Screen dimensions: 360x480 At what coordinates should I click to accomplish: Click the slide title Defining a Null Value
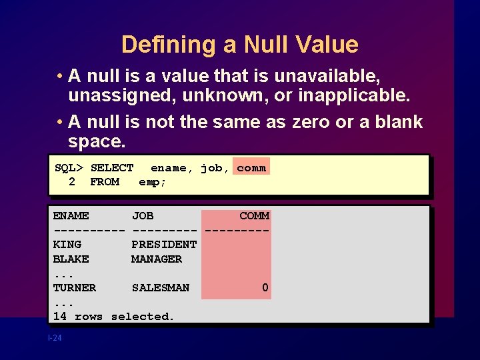[x=240, y=45]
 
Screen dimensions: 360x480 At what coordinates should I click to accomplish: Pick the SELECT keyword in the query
[x=112, y=168]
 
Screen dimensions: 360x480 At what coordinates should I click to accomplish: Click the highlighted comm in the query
[x=251, y=168]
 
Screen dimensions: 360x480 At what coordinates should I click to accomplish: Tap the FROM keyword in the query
[x=105, y=182]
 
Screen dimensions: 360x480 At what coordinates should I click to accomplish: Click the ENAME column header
[x=71, y=216]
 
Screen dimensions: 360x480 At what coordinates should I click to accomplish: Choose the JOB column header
[x=143, y=216]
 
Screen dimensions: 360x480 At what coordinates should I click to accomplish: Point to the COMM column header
[x=254, y=216]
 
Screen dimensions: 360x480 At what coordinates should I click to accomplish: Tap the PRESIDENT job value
[x=164, y=245]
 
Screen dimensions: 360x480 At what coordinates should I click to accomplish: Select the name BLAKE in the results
[x=71, y=259]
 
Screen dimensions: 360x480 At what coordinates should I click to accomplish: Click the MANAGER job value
[x=157, y=259]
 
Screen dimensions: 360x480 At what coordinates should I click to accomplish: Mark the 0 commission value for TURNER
[x=265, y=288]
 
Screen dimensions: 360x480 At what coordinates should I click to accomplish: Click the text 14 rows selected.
[x=113, y=317]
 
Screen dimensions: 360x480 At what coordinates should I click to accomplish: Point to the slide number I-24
[x=55, y=339]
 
